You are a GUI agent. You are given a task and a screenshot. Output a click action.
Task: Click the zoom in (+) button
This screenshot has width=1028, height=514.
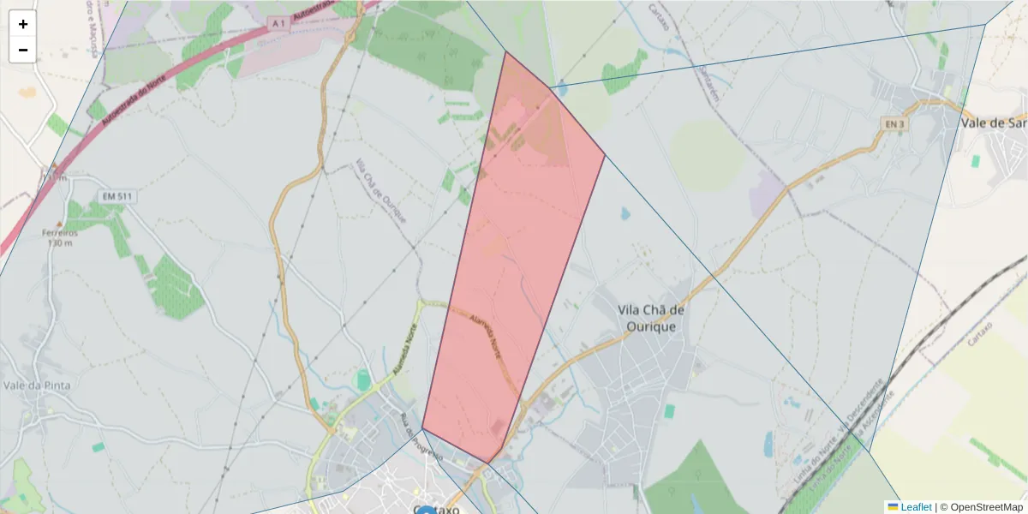23,24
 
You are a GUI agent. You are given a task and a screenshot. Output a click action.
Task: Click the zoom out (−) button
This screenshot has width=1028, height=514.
23,50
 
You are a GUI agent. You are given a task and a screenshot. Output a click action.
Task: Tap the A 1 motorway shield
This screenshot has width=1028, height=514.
276,25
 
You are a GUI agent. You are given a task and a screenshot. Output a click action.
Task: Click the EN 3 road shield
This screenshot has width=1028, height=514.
894,124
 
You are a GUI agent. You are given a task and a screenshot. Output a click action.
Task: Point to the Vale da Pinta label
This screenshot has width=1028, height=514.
36,385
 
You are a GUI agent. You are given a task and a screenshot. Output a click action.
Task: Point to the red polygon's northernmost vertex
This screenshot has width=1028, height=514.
505,51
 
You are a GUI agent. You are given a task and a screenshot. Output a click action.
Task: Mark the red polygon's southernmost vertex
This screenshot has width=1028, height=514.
488,463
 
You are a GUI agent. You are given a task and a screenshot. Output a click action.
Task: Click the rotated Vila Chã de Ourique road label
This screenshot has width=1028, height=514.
380,192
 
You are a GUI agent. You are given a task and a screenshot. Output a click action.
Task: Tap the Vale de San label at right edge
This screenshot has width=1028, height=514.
994,123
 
